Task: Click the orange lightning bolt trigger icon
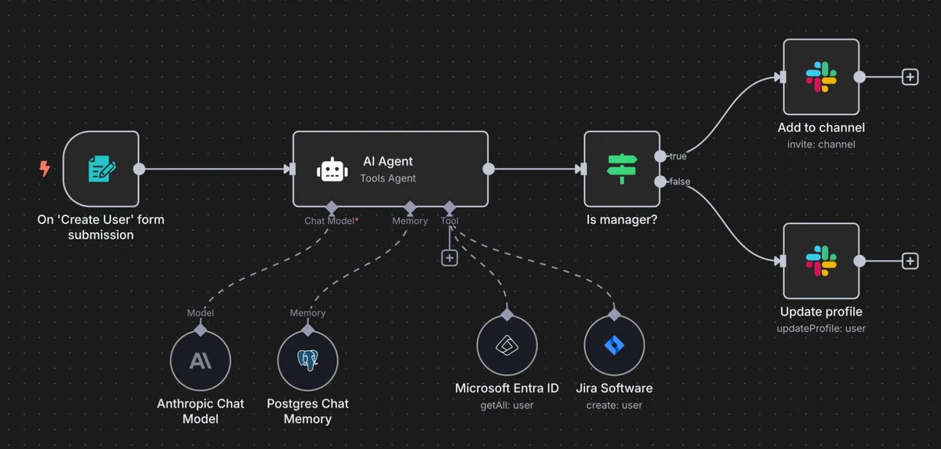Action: point(45,169)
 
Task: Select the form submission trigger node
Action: point(101,169)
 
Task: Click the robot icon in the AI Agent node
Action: point(332,170)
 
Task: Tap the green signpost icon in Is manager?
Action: point(622,169)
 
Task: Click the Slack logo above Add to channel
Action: point(821,77)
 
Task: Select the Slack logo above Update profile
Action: point(821,261)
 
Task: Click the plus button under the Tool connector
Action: point(449,257)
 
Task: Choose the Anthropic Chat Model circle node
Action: point(201,360)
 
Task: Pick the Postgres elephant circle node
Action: point(307,360)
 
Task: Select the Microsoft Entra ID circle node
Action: point(507,345)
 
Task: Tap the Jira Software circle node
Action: point(614,345)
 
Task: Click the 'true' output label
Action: point(678,156)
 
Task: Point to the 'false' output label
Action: point(680,181)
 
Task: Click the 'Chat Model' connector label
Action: point(329,221)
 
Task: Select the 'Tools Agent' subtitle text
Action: point(387,178)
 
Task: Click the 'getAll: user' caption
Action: point(507,405)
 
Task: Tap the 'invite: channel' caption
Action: point(821,144)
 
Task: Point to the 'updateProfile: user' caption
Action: point(821,328)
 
